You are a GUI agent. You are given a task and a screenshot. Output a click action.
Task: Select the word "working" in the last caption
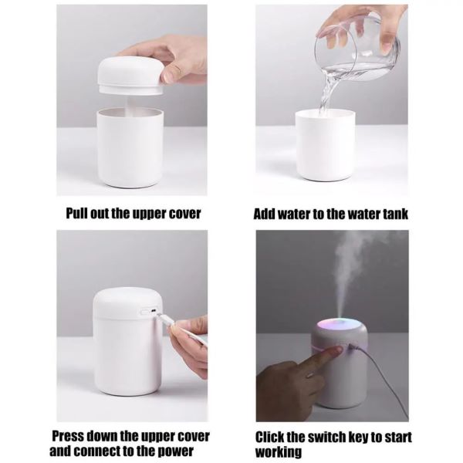click(279, 453)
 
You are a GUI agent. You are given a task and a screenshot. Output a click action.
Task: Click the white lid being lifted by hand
click(131, 76)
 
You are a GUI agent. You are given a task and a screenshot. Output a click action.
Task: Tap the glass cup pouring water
click(357, 47)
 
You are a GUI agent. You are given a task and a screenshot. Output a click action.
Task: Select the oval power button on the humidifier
click(145, 312)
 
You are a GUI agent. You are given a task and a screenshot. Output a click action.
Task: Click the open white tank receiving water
click(325, 145)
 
